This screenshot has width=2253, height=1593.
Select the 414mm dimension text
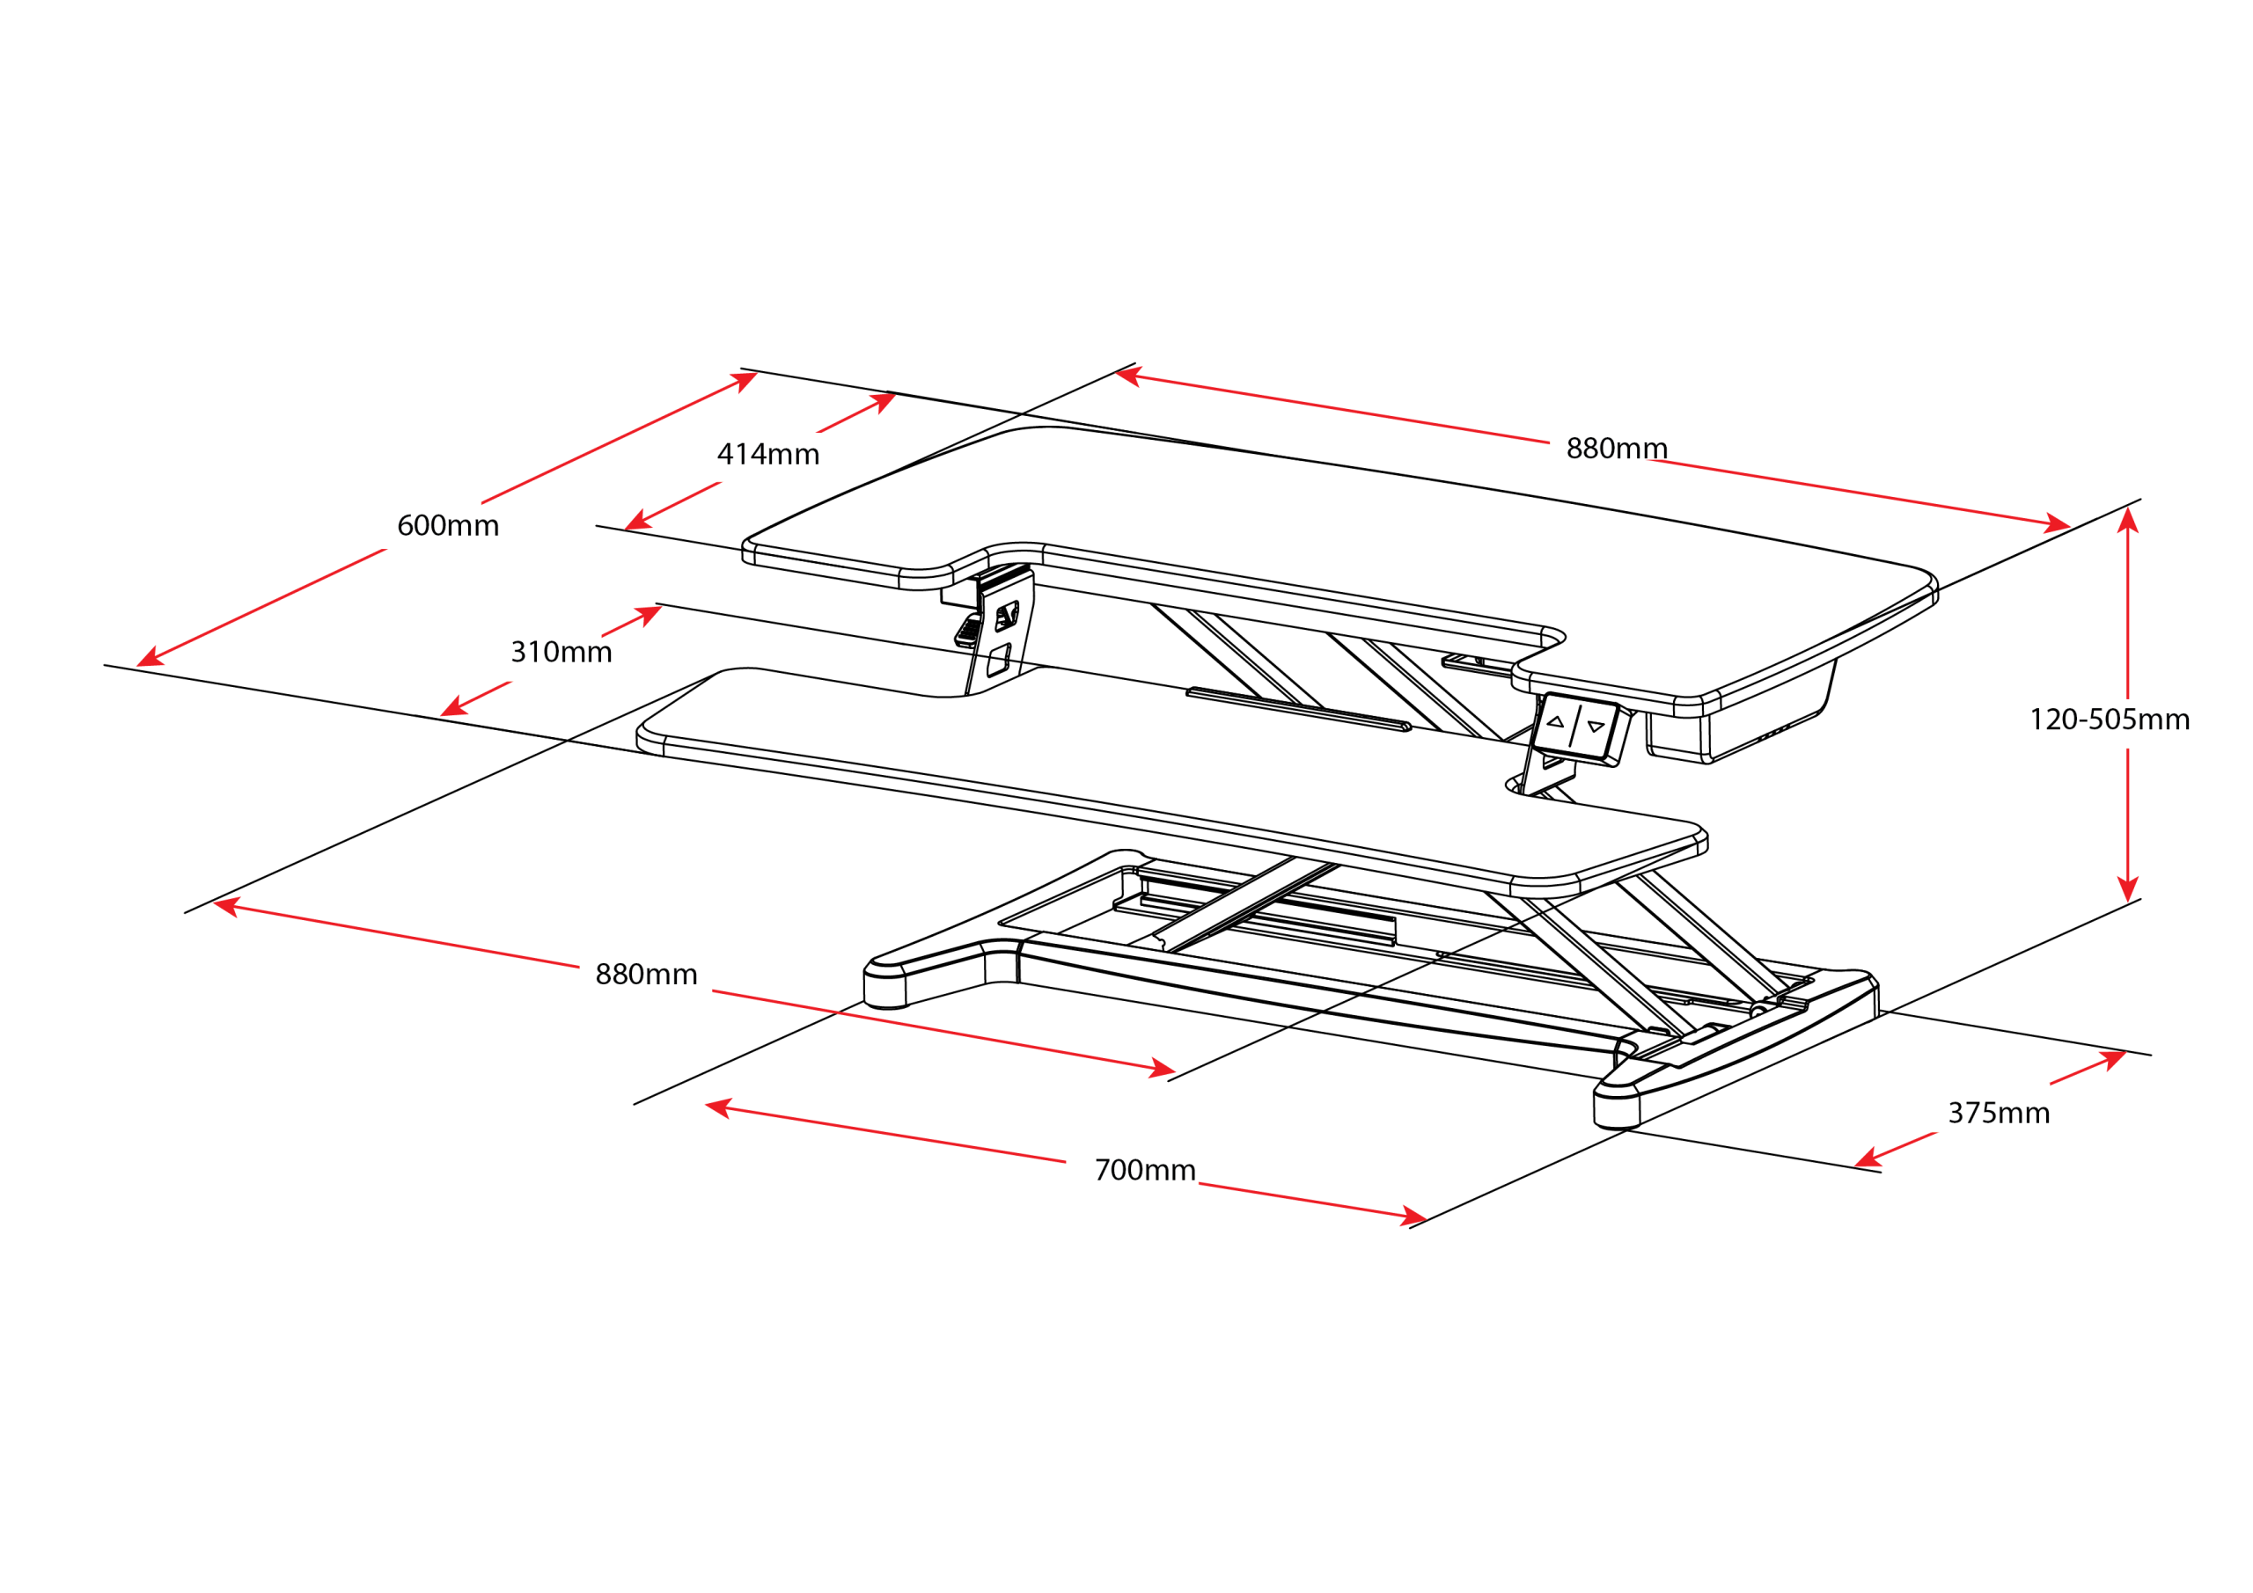(768, 454)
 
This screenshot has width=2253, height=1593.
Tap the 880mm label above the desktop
(1616, 449)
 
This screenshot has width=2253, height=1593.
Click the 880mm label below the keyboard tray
(646, 975)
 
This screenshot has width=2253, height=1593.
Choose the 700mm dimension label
(1144, 1170)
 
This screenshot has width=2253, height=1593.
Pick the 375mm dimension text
(1998, 1114)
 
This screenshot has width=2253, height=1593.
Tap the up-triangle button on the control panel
(1555, 722)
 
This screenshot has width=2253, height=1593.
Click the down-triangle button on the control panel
(1596, 727)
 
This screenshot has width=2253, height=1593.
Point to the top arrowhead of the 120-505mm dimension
(2127, 517)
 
